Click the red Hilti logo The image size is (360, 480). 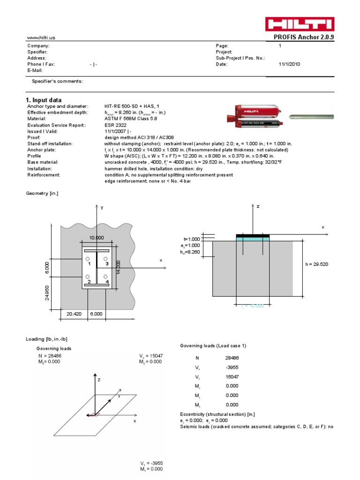(x=300, y=24)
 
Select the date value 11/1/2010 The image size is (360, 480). (x=289, y=64)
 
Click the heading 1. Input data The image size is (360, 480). (x=43, y=100)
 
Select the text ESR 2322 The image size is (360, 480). (x=116, y=125)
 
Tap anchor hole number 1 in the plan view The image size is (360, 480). (x=87, y=259)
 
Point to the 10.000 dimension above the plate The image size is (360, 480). (x=97, y=238)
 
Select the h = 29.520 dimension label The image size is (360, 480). (x=317, y=264)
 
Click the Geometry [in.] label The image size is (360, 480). (x=42, y=193)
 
